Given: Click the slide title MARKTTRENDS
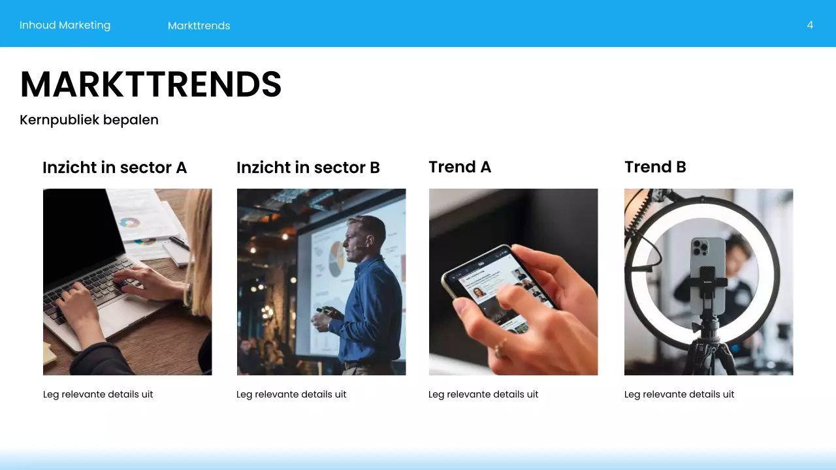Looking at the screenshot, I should pos(151,84).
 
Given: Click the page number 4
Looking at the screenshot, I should pos(810,25).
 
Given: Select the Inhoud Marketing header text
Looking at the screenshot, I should pos(65,25).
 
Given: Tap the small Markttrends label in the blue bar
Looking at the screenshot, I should pos(199,25).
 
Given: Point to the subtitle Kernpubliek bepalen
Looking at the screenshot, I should pos(89,119).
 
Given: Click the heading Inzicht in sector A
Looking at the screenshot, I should pos(114,168).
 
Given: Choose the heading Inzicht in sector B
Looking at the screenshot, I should pos(308,168).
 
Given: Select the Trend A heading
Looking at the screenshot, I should pos(459,167).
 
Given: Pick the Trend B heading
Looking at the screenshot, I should pos(654,167).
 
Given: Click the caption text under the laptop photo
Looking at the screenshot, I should pos(98,394).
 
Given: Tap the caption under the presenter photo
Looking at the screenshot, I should pos(291,394).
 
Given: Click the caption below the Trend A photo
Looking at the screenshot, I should pos(483,394).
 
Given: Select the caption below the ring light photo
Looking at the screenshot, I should pos(679,394).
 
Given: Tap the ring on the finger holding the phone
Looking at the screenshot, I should pos(500,347).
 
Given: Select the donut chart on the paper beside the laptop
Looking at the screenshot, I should pos(130,223).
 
